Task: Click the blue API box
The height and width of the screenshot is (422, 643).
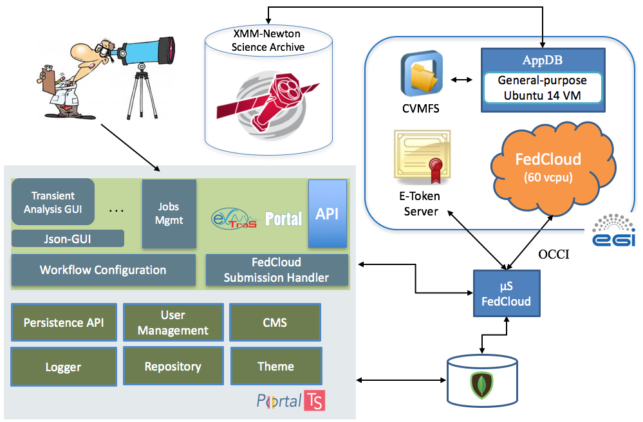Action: tap(328, 214)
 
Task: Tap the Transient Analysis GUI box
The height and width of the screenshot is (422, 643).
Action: tap(53, 202)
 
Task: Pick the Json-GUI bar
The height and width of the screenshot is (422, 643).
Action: tap(68, 239)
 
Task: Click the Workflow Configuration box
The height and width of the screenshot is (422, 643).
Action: tap(103, 270)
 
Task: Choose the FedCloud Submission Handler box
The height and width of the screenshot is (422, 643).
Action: tap(277, 270)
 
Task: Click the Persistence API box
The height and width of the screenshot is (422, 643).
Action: tap(64, 322)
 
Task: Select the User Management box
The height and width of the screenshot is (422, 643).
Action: tap(173, 322)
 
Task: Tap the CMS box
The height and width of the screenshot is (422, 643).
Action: tap(275, 322)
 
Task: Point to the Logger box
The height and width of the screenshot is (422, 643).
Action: tap(64, 367)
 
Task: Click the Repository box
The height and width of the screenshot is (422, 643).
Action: tap(173, 366)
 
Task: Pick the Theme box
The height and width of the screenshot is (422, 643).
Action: tap(275, 366)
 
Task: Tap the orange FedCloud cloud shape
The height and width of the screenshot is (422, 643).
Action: tap(548, 167)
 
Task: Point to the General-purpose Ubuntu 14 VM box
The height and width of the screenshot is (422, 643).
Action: tap(543, 88)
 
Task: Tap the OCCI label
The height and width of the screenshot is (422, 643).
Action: tap(556, 255)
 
